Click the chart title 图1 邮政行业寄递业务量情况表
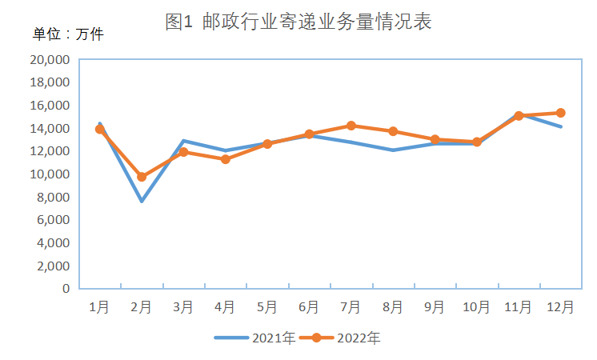tap(298, 22)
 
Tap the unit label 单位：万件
tap(68, 34)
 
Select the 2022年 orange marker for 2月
tap(142, 177)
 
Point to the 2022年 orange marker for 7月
tap(351, 126)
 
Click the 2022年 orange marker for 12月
tap(561, 113)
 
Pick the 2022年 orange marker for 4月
tap(226, 159)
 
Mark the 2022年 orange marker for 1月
tap(100, 129)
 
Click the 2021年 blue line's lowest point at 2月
tap(142, 201)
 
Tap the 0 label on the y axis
tap(66, 289)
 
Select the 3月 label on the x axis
tap(183, 307)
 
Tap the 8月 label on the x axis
tap(393, 307)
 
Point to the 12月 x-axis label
tap(560, 307)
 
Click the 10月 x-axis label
tap(476, 307)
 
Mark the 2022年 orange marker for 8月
tap(393, 131)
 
